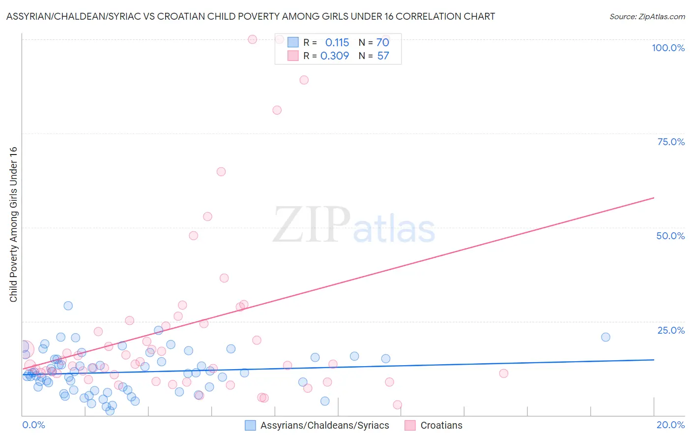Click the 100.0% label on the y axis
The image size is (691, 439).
668,48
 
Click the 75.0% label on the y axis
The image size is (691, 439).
671,142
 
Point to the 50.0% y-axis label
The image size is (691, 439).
670,236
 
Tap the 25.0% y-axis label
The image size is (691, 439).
671,330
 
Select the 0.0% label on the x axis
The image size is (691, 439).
33,425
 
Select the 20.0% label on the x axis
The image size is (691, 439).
670,425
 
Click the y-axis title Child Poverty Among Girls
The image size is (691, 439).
13,224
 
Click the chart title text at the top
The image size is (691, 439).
250,16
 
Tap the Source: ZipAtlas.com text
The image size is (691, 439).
647,16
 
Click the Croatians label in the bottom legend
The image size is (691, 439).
441,425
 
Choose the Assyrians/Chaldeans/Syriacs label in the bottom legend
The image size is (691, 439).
324,425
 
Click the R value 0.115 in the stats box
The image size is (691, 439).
337,42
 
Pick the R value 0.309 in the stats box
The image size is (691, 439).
335,56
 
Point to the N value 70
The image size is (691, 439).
383,42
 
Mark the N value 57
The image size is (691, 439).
383,56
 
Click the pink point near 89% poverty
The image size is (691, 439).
304,80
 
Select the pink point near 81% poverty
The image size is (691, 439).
277,110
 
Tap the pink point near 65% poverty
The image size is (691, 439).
221,172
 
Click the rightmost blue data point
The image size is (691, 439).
605,337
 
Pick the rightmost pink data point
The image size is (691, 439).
504,374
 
